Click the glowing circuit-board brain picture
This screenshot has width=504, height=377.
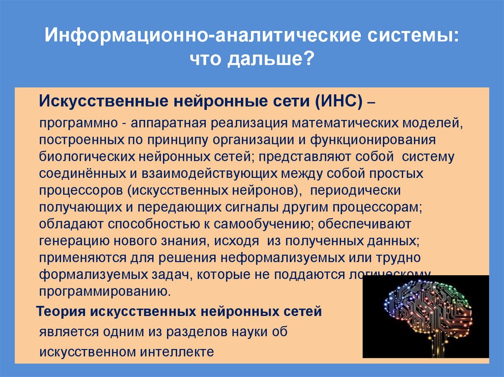coord(426,315)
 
